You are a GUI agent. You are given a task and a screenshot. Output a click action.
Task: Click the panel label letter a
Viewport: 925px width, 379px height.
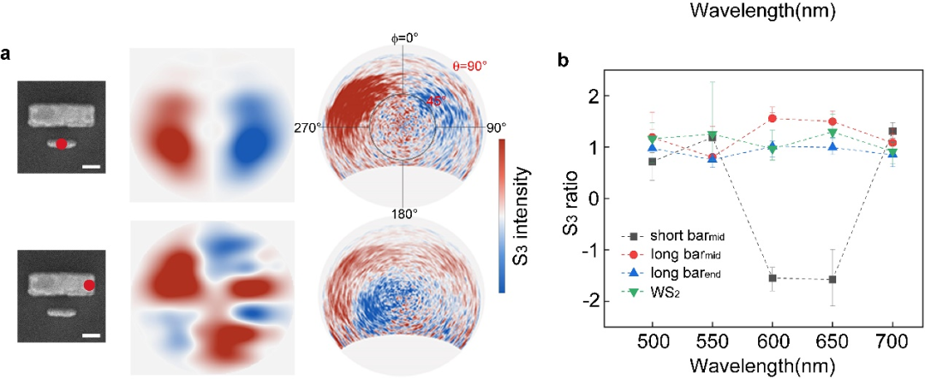pos(7,56)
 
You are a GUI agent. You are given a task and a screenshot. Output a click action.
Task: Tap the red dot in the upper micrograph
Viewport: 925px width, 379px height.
pos(62,143)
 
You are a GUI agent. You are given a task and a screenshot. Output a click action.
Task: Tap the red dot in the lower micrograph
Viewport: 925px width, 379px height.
pos(89,285)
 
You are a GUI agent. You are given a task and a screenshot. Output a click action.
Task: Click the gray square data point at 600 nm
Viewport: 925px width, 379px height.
pos(773,278)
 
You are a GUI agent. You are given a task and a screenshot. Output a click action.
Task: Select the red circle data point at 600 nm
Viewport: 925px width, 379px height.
pos(773,118)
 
